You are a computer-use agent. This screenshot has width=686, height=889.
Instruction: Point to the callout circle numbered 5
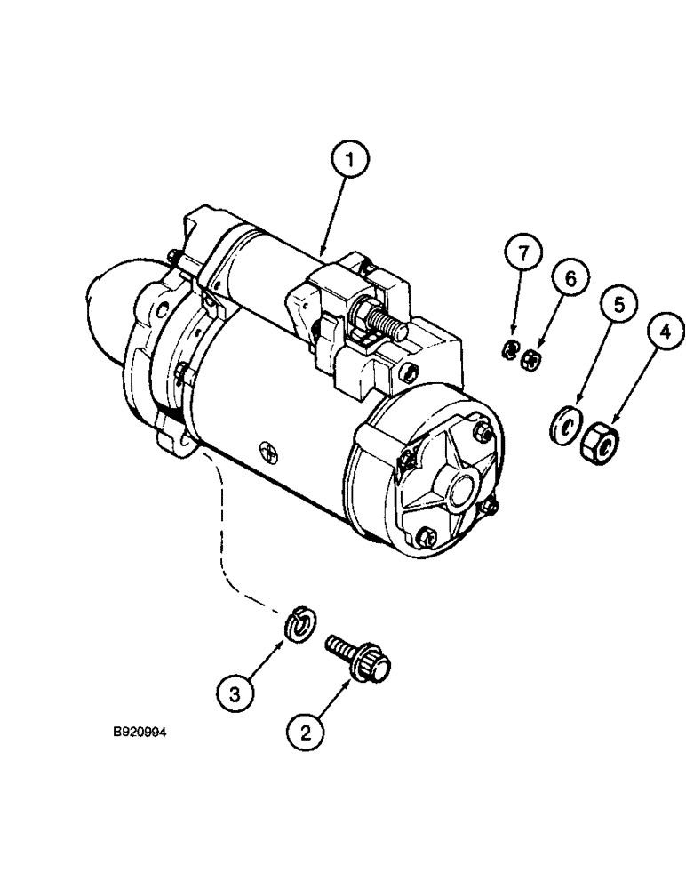621,305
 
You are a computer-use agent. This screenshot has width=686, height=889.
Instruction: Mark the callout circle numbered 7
524,253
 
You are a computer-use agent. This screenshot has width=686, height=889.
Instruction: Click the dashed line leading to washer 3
219,533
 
